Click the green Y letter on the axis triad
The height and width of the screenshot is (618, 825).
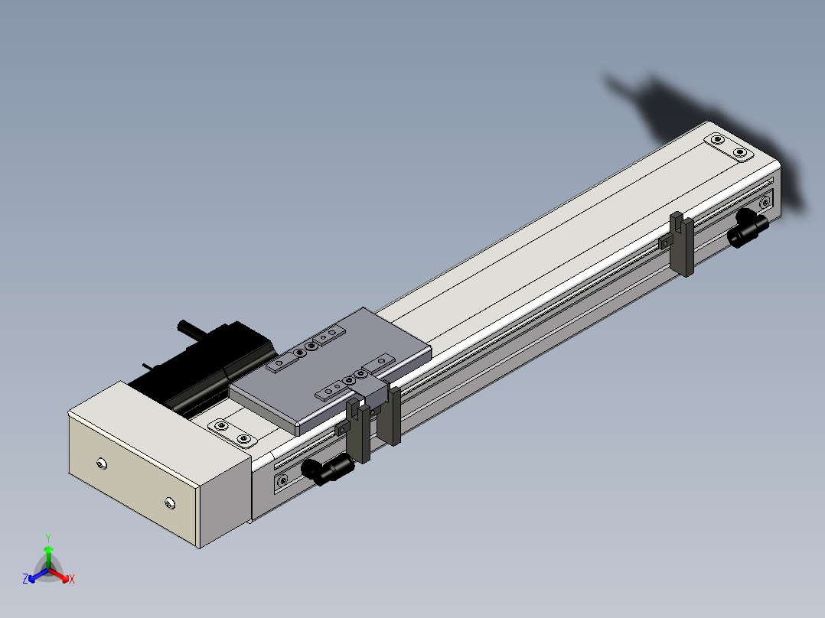tap(47, 537)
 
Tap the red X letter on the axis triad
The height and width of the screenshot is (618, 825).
tap(71, 579)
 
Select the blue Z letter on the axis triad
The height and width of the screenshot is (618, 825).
tap(25, 579)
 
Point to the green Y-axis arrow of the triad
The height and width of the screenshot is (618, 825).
tap(47, 554)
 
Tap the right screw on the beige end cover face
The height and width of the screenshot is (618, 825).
tap(169, 502)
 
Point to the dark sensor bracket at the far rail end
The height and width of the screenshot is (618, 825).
tap(682, 244)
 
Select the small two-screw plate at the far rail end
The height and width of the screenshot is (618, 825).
tap(728, 147)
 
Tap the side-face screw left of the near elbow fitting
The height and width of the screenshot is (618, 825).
tap(282, 480)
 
